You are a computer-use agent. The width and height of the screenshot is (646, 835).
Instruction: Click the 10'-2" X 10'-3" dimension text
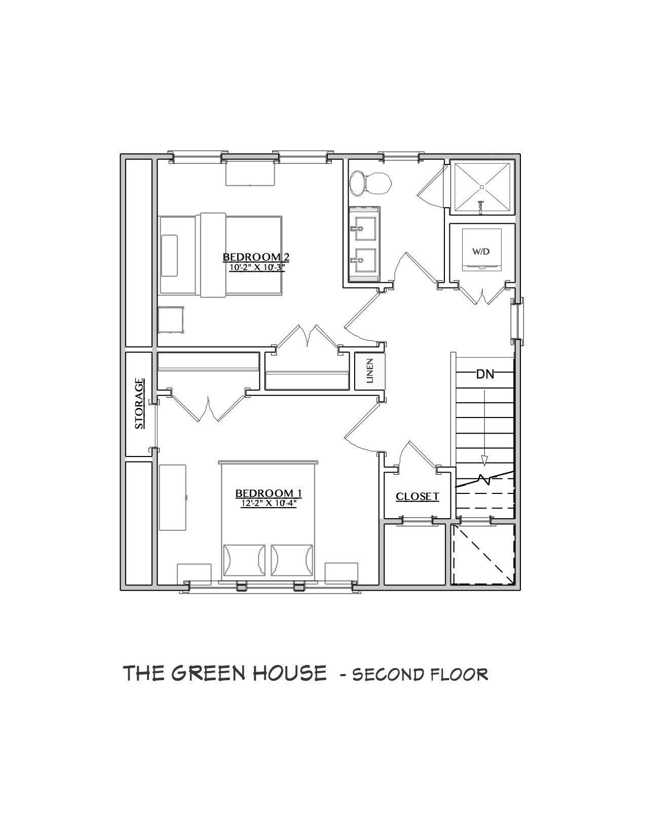pos(256,268)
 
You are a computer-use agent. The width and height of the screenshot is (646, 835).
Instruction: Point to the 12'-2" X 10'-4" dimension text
pos(269,504)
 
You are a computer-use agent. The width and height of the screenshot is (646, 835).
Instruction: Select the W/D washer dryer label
pos(481,252)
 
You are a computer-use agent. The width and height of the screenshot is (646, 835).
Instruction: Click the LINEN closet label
pos(370,371)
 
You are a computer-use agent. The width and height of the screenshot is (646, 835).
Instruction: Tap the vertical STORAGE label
pos(139,403)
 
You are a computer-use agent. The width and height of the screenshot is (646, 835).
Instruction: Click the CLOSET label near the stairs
pos(417,496)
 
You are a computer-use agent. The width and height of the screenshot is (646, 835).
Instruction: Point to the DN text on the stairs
pos(485,374)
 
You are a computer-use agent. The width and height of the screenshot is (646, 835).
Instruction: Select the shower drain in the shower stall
pos(482,187)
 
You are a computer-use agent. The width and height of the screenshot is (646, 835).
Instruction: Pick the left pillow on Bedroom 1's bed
pos(244,560)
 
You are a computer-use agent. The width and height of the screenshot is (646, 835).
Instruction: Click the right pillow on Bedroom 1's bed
pos(292,560)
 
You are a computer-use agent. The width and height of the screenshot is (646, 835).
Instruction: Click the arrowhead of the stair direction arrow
pos(484,461)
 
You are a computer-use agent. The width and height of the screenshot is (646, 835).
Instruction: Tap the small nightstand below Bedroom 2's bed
pos(171,319)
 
